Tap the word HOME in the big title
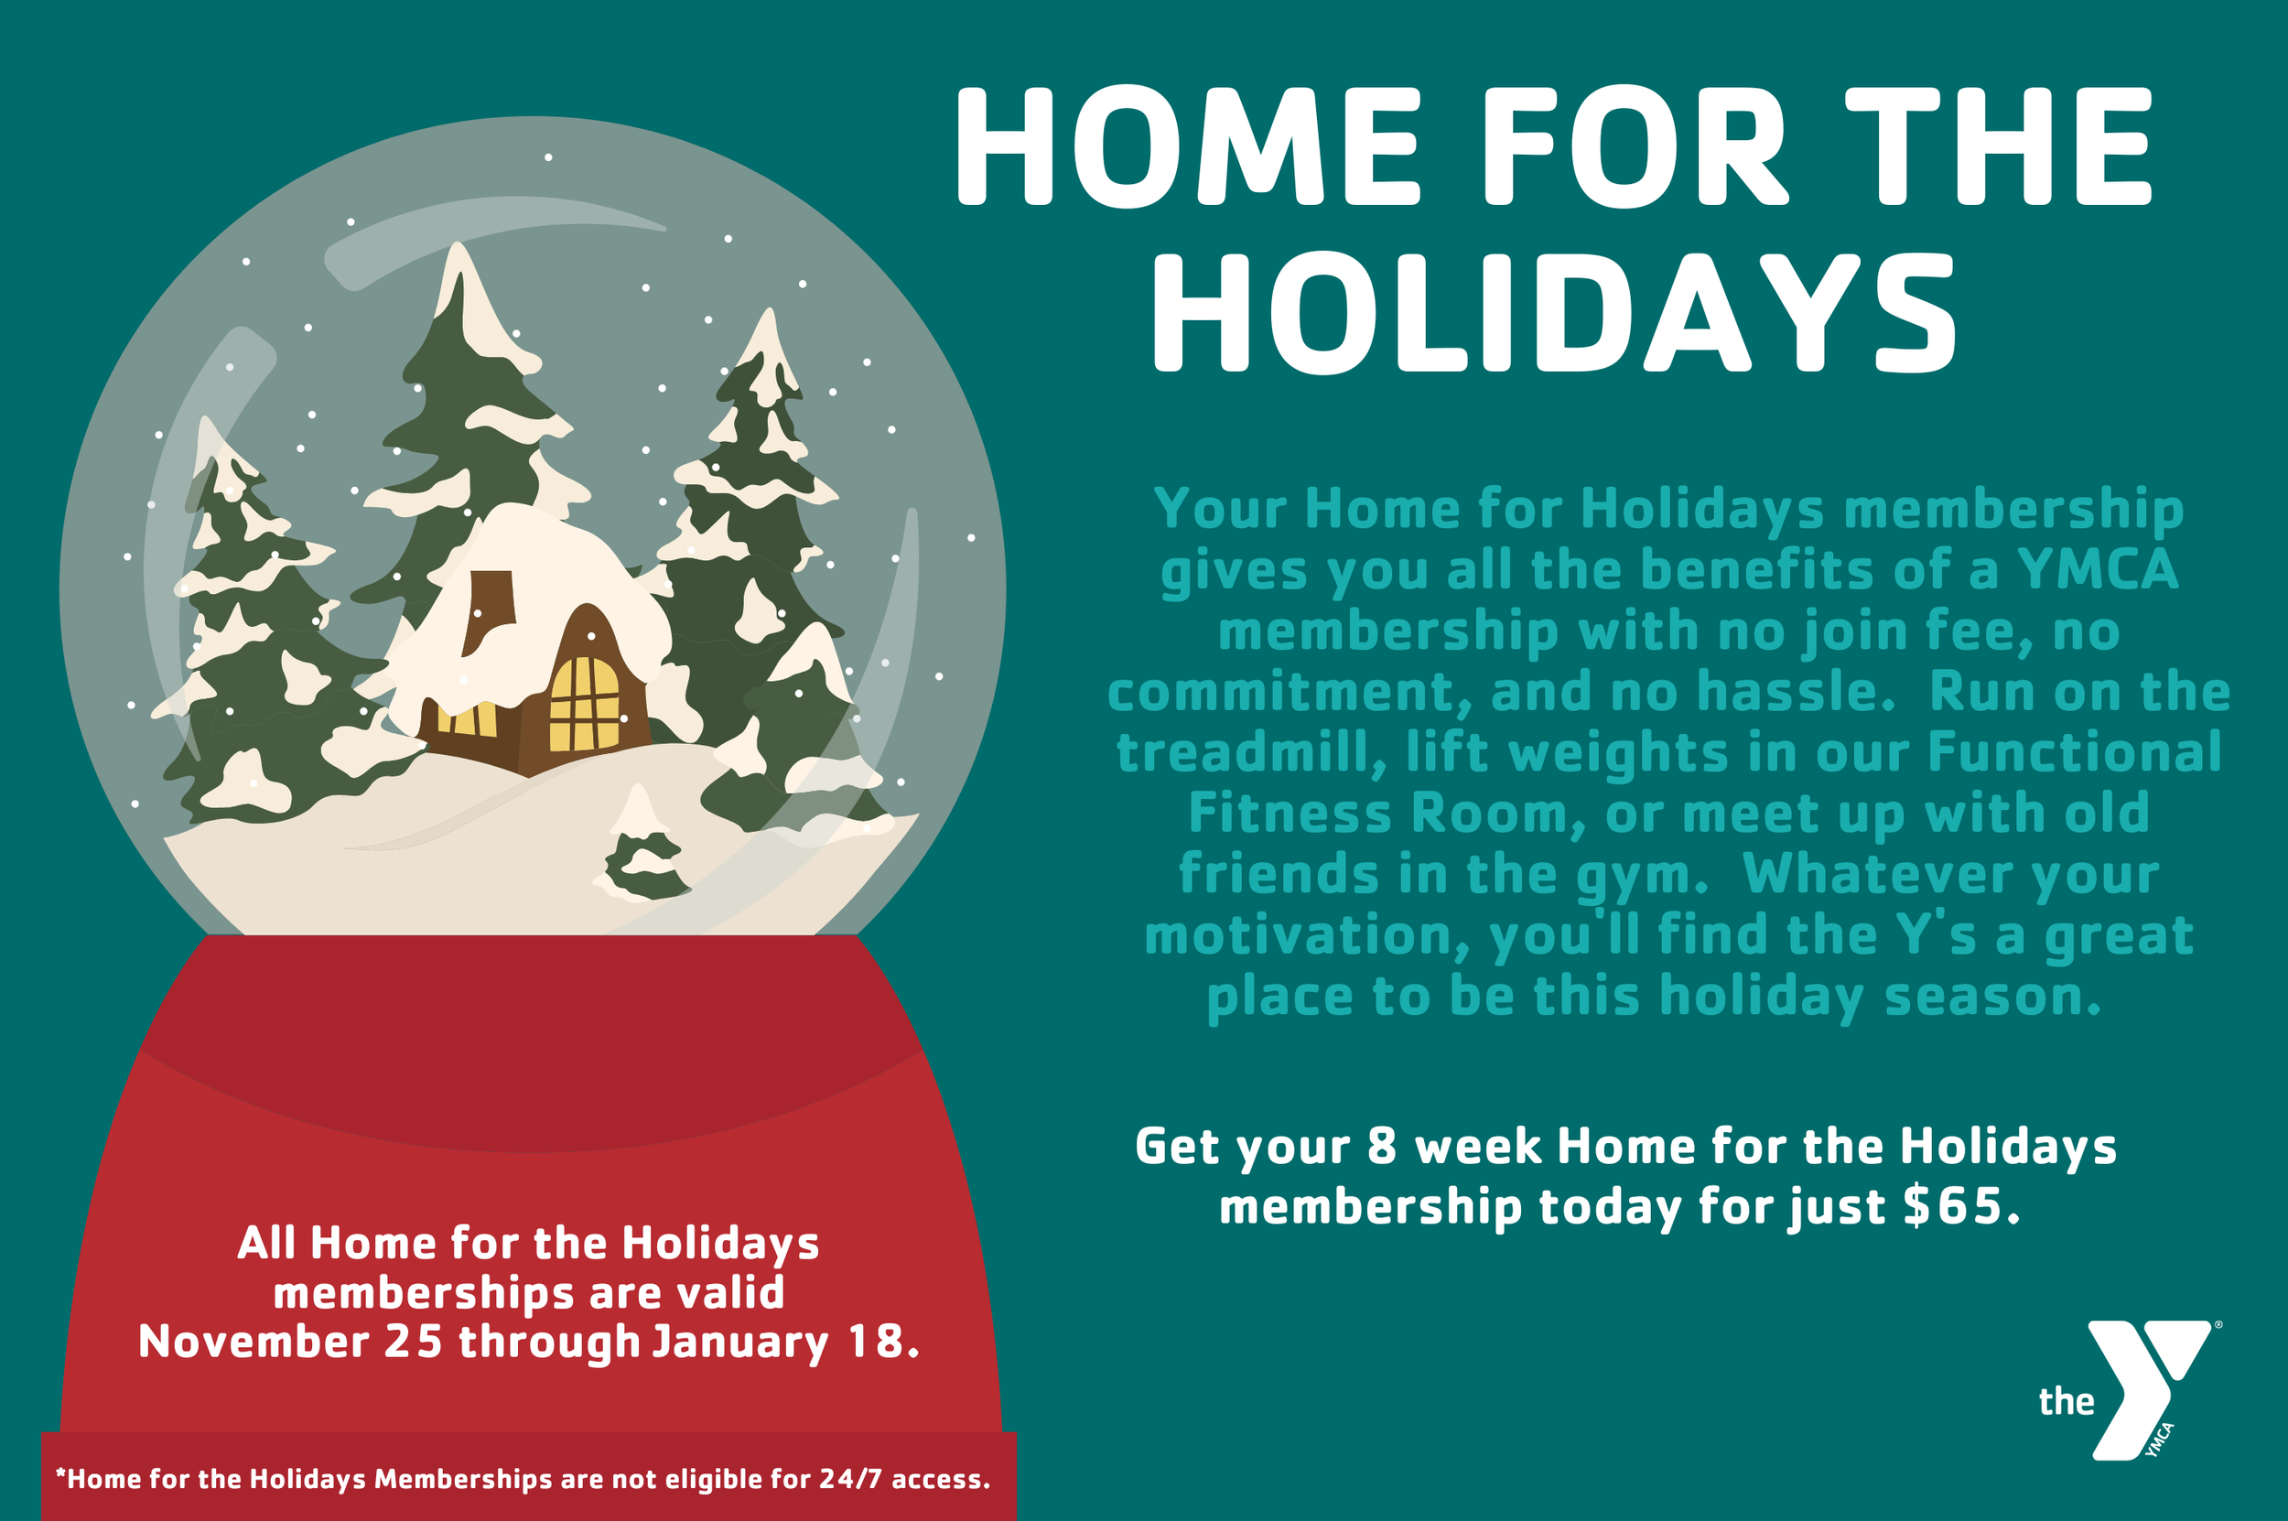1189,147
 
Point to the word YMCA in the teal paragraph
2098,569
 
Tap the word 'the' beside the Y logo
2066,1402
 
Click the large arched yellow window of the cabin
584,705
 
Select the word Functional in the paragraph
2075,753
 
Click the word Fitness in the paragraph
1289,813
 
